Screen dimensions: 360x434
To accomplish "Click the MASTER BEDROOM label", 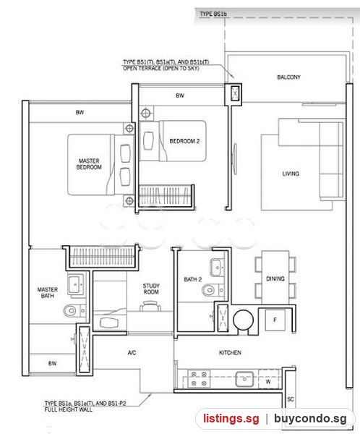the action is click(89, 164).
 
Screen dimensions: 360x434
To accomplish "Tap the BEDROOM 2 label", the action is click(184, 141).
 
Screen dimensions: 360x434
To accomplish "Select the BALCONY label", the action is click(288, 77).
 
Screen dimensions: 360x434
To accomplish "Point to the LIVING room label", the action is click(291, 174).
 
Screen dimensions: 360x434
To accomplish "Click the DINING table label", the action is click(275, 278).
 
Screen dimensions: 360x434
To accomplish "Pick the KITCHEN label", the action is click(230, 353).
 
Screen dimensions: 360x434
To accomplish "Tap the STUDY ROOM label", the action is click(151, 289).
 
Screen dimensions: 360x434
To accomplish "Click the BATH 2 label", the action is click(193, 279).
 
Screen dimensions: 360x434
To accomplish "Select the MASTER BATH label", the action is click(48, 292).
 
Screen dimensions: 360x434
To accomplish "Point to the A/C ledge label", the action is click(132, 353).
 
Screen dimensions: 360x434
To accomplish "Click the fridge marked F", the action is click(275, 320).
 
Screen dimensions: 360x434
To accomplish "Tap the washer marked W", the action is click(268, 382).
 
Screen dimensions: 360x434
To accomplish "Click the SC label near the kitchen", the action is click(291, 399).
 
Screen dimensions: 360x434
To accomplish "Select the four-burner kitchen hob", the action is click(199, 378).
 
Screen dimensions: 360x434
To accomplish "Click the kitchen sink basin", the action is click(244, 379).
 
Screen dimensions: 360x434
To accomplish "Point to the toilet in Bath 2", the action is click(213, 290).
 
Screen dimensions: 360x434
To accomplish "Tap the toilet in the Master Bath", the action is click(74, 310).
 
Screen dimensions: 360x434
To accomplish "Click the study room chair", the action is click(150, 307).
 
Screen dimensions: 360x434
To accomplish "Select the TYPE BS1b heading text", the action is click(213, 14).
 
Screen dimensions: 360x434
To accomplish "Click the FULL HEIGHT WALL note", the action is click(69, 409).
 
